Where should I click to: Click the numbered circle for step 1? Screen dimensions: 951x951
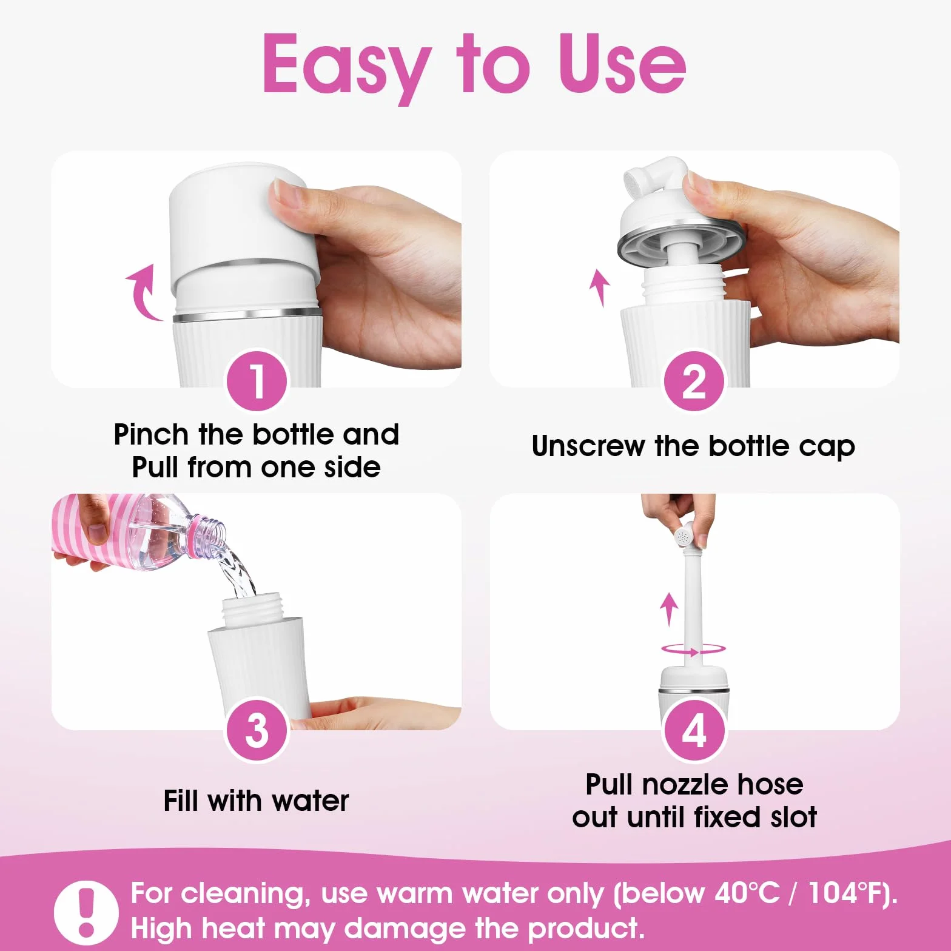pos(257,380)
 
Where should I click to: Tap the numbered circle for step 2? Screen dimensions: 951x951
pos(694,380)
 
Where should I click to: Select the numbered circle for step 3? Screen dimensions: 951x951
pos(257,730)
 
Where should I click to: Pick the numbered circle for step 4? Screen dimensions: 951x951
pos(694,730)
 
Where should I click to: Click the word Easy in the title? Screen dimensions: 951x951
pos(345,66)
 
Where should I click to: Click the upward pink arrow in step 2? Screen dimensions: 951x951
pos(600,287)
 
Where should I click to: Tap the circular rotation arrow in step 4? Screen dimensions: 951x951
pos(693,650)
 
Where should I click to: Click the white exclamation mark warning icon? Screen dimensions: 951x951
pos(87,911)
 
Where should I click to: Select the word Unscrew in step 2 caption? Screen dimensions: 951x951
pos(588,446)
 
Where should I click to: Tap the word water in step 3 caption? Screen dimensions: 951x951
pos(311,801)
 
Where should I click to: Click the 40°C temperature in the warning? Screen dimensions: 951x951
pos(747,893)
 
